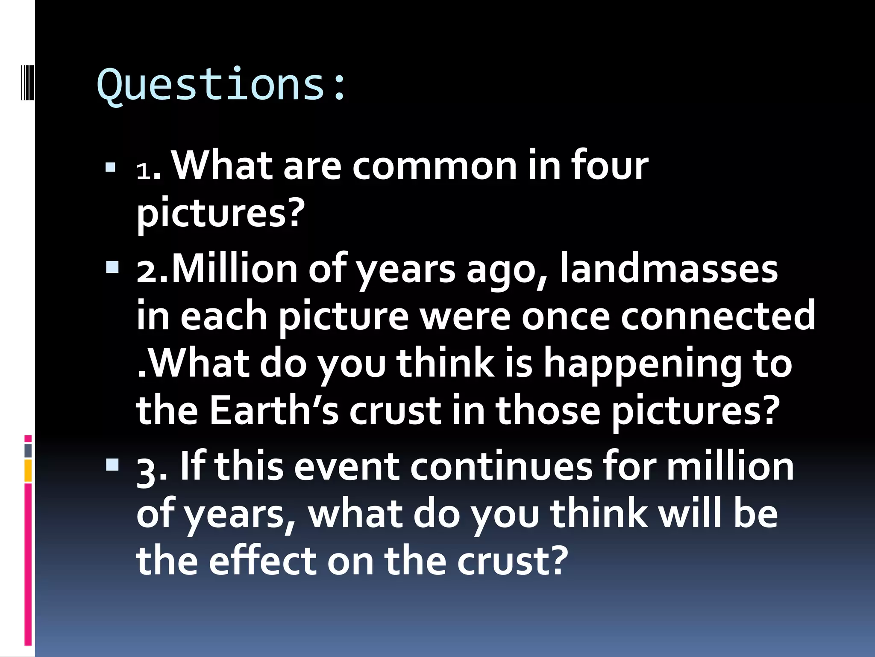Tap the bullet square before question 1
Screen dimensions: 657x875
click(x=111, y=167)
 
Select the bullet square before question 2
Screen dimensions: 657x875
click(x=112, y=268)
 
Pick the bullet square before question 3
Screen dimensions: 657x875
click(x=112, y=465)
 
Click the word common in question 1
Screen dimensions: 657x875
click(x=434, y=166)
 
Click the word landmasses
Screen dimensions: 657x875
click(x=669, y=269)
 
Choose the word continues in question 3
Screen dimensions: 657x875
click(x=501, y=467)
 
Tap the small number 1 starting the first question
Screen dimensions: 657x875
click(x=143, y=172)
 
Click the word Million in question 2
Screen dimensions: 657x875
click(x=235, y=269)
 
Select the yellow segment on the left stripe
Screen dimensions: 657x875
click(x=28, y=471)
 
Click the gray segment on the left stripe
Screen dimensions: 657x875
click(x=28, y=451)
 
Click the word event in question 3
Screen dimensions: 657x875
click(x=346, y=467)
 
